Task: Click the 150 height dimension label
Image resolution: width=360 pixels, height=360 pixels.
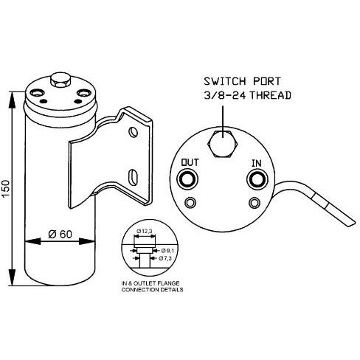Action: click(5, 189)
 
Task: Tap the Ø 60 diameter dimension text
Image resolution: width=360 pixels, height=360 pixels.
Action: click(60, 234)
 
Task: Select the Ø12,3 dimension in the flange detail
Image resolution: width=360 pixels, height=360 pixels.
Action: click(145, 231)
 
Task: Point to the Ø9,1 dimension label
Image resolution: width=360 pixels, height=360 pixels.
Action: click(167, 251)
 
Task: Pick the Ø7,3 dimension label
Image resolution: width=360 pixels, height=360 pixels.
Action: click(165, 258)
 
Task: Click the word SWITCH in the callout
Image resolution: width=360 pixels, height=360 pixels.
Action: click(225, 81)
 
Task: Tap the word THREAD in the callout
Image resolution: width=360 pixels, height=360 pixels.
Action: click(271, 95)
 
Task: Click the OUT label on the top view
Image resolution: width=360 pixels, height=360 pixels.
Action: click(190, 162)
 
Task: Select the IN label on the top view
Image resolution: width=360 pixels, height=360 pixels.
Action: click(257, 163)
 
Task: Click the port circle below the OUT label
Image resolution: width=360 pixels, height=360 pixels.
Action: click(187, 179)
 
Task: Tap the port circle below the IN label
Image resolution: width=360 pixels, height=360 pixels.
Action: click(257, 179)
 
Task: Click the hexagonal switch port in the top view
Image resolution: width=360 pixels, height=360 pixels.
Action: click(223, 144)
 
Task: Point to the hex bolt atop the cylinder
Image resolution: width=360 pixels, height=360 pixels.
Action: click(60, 80)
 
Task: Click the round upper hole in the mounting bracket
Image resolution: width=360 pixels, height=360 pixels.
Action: click(134, 132)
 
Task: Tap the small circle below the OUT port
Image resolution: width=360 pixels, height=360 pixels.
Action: click(190, 203)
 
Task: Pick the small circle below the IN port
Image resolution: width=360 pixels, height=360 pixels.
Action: click(255, 203)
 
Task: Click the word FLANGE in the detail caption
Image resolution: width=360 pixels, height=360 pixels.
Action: click(170, 283)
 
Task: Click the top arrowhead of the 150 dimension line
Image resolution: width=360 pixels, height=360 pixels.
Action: click(12, 100)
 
